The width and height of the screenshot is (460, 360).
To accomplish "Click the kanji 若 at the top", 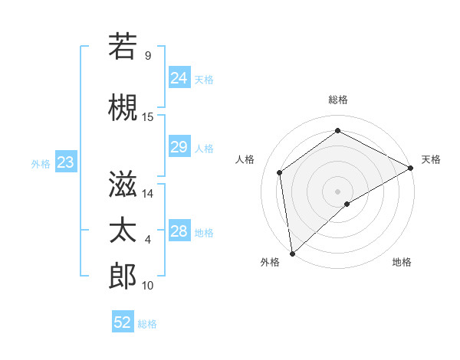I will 123,46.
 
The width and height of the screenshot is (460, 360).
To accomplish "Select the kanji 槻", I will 123,108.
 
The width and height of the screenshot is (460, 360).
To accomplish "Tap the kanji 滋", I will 123,184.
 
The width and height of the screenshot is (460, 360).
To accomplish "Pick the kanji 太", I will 123,231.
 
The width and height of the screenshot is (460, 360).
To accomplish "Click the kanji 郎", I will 123,276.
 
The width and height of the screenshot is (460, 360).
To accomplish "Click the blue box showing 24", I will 179,77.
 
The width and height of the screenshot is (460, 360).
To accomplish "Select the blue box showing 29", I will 179,147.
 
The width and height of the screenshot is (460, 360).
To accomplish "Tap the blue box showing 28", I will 179,231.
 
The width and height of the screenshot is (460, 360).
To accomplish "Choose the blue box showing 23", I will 65,162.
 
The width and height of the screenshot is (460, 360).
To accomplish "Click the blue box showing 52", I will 123,322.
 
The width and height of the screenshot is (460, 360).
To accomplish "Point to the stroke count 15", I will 148,117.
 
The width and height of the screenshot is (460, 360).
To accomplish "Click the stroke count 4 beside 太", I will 148,240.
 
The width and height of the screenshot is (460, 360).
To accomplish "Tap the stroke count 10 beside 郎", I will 148,286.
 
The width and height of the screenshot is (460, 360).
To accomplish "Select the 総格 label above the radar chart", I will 338,100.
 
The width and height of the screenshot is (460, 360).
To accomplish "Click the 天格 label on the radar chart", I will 431,159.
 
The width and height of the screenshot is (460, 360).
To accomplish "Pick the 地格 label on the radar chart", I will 402,262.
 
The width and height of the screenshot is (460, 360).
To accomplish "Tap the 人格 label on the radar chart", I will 245,159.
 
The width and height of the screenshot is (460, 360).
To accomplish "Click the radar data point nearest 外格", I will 292,253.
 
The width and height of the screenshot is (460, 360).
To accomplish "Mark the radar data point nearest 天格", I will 410,168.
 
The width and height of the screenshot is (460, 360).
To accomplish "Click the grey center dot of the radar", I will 337,191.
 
